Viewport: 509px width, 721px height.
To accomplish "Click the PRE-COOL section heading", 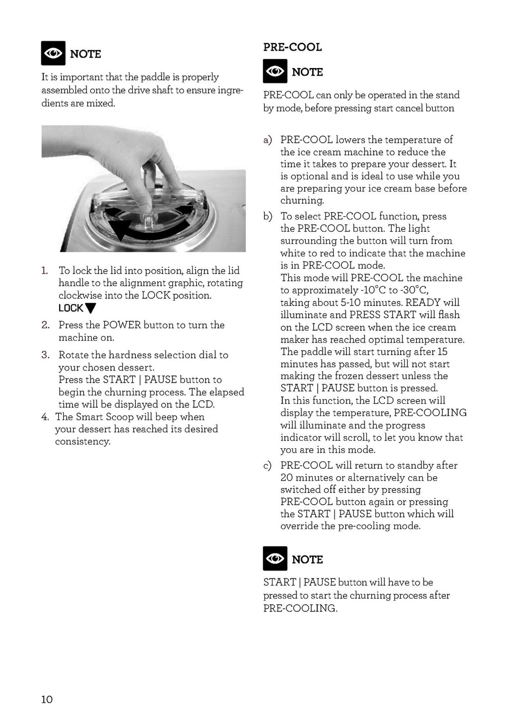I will (292, 47).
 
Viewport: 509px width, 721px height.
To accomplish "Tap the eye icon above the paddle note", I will (53, 54).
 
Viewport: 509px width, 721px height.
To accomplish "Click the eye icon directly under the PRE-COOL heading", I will (275, 72).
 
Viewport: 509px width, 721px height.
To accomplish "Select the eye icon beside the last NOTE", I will (275, 559).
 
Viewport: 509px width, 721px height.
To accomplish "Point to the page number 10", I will (47, 699).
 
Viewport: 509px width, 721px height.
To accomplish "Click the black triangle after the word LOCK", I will (90, 308).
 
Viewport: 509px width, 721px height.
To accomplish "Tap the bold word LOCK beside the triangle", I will (71, 308).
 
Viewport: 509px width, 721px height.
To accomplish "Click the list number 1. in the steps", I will (45, 271).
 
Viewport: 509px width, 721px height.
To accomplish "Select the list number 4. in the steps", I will (45, 417).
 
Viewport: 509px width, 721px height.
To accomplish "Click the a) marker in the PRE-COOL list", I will (267, 140).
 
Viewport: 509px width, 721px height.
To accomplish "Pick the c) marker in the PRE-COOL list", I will (267, 465).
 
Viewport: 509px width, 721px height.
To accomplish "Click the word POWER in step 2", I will (121, 325).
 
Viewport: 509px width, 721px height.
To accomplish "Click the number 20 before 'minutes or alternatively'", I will (287, 478).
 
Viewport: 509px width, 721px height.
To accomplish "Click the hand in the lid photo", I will (134, 159).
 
